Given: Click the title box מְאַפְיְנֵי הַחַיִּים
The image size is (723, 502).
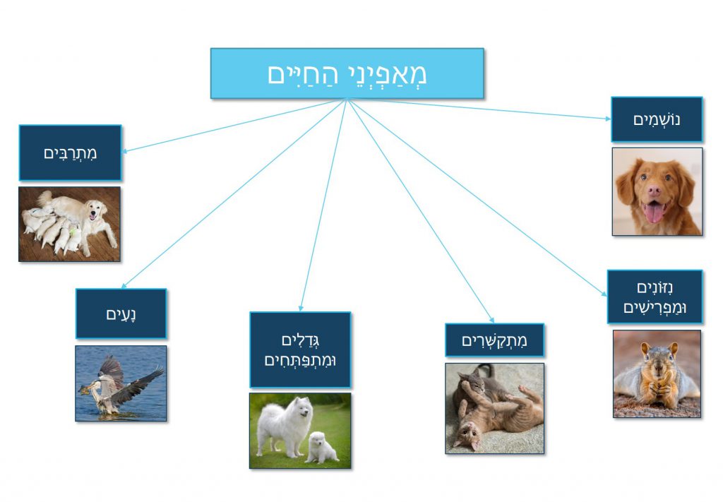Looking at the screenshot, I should (347, 73).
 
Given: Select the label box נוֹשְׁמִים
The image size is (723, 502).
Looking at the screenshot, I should (657, 119).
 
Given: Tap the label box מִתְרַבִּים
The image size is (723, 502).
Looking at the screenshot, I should (70, 153).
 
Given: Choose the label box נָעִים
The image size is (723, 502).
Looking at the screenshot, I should (121, 313).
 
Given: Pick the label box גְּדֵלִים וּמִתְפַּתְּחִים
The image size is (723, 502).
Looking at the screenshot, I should (300, 349).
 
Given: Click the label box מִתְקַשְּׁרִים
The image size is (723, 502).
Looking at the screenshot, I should (494, 340).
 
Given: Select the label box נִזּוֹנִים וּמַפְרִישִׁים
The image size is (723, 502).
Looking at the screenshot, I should (655, 297).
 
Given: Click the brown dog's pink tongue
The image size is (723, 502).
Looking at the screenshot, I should (655, 212).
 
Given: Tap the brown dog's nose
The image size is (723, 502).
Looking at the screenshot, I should (655, 191).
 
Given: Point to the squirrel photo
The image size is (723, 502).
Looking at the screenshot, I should (657, 373).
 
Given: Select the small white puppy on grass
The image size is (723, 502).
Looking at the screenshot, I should (321, 448).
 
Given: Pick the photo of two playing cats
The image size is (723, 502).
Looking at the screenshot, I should (494, 408).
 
